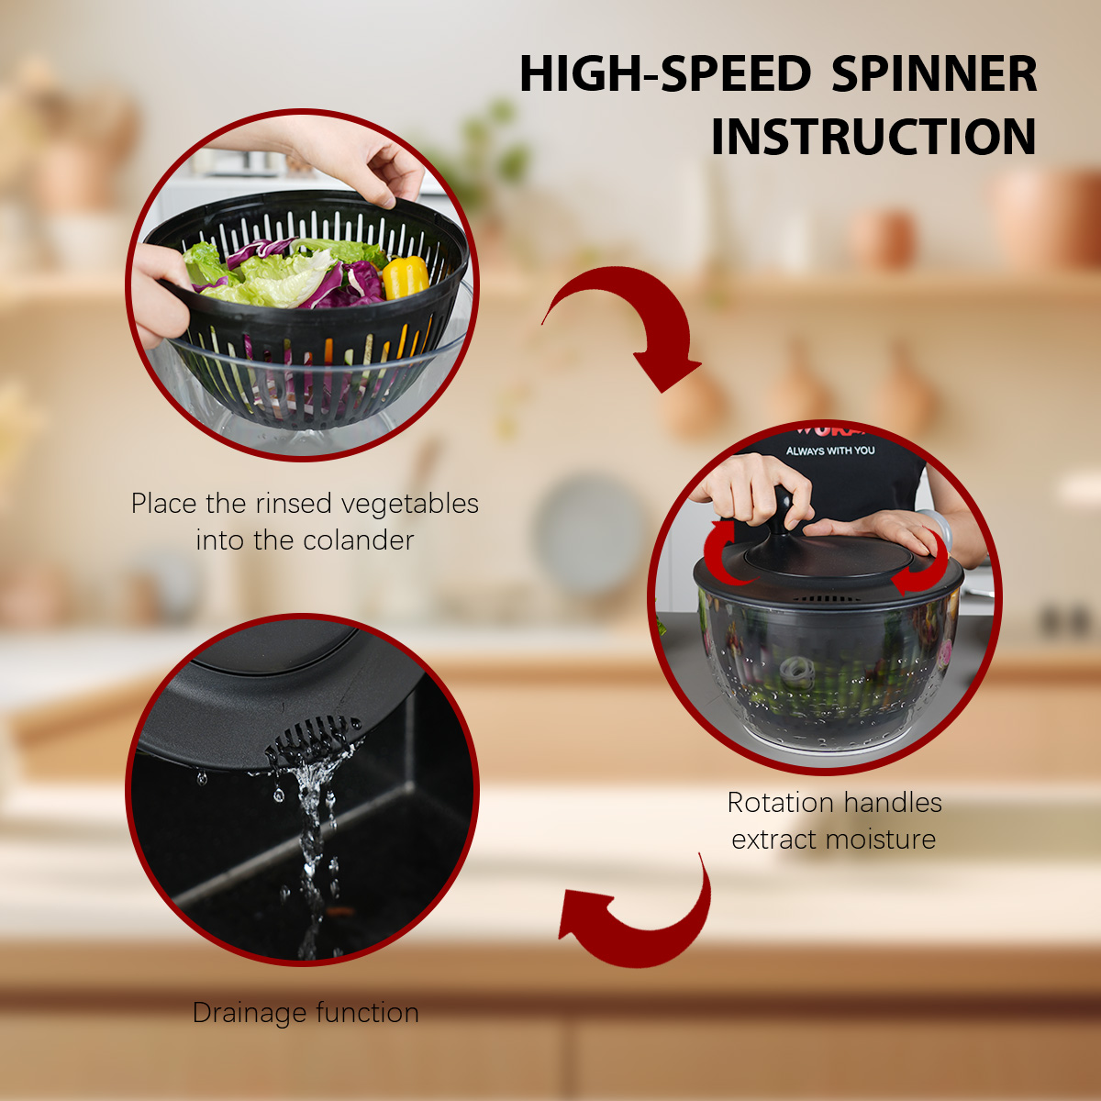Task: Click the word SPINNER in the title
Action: (934, 73)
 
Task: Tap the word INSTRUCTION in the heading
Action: (873, 136)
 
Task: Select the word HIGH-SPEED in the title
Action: (665, 73)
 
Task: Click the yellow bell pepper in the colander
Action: (406, 277)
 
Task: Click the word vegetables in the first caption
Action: (409, 505)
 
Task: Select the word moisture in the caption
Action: (881, 840)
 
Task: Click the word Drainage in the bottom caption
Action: (250, 1014)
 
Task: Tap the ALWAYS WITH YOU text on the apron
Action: (830, 450)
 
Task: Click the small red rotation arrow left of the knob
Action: (721, 551)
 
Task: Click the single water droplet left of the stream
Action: (201, 778)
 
